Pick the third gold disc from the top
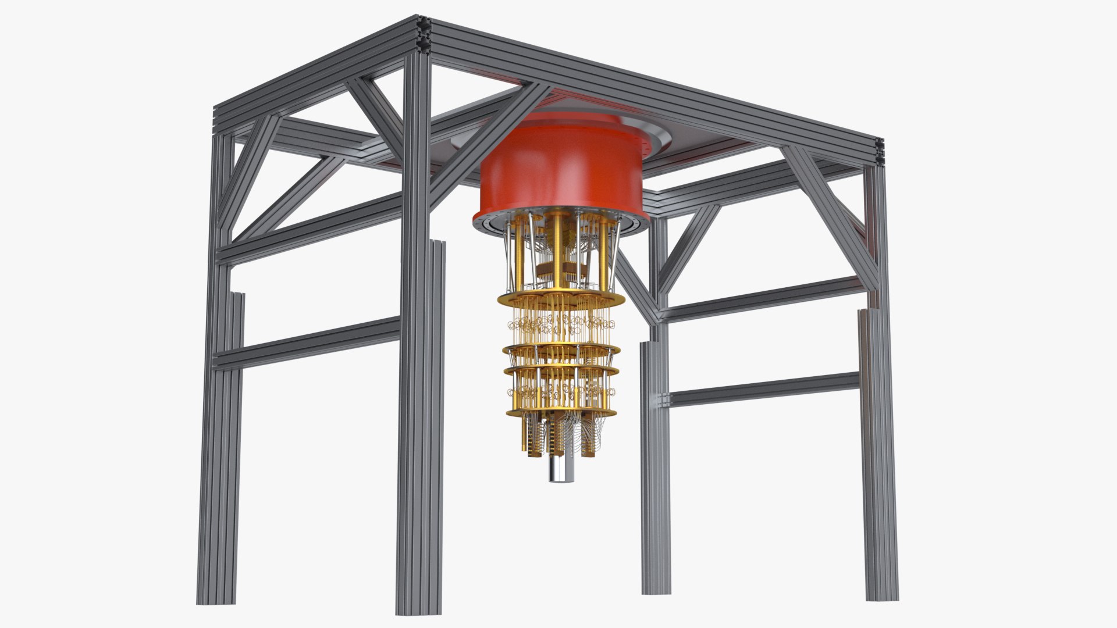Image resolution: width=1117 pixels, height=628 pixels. [561, 370]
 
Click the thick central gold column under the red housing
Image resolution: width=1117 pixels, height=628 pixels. [557, 250]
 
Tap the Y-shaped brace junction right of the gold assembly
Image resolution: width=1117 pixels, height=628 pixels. [657, 311]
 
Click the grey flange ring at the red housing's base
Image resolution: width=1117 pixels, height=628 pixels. [561, 224]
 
